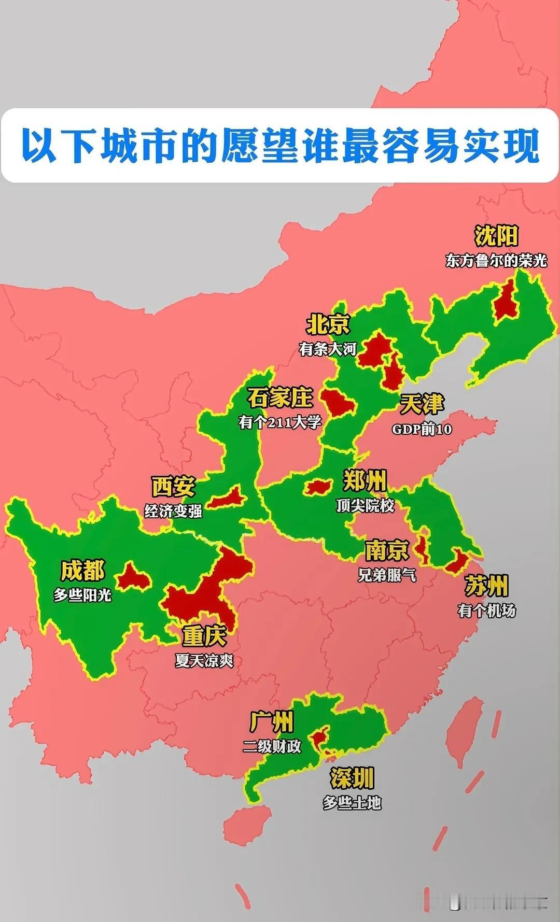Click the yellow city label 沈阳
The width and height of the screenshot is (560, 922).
496,236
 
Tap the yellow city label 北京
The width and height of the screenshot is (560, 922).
328,325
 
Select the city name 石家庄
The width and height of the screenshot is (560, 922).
279,398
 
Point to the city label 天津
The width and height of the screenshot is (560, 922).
422,404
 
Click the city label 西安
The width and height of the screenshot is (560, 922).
173,487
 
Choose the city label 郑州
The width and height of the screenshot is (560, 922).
365,481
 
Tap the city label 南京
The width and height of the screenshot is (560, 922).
387,550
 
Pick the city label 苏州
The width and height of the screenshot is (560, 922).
486,586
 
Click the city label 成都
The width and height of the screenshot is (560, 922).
82,571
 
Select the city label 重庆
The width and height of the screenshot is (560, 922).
204,636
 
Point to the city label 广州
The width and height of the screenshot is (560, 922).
272,722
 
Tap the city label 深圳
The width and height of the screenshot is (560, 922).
352,778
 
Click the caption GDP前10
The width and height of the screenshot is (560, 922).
422,429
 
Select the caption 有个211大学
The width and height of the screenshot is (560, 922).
280,422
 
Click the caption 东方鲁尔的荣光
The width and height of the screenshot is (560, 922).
496,260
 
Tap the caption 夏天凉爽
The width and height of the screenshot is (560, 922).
204,661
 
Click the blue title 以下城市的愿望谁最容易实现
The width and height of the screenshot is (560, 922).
280,146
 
